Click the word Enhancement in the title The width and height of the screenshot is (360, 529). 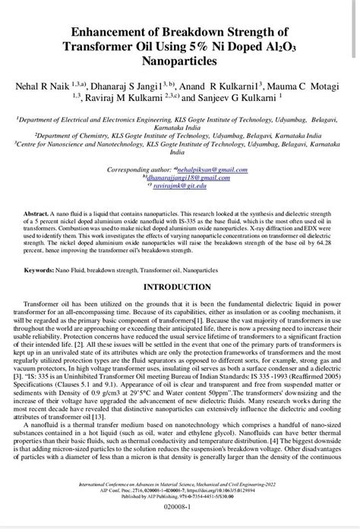116,33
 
